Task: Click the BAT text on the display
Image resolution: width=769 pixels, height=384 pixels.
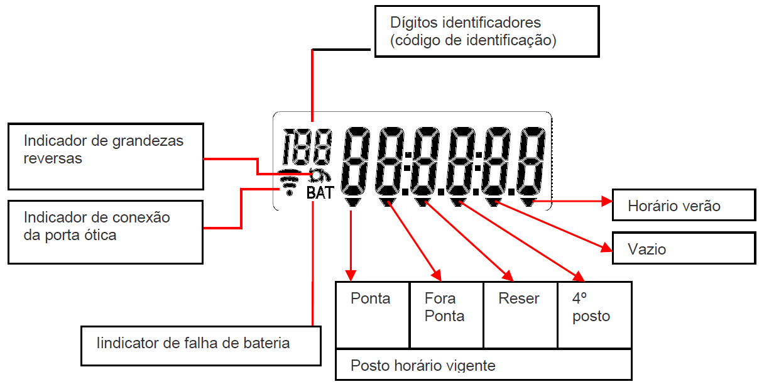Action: [x=320, y=193]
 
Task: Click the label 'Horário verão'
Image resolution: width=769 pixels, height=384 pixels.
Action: [x=684, y=205]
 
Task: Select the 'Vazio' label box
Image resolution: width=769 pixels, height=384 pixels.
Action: [x=684, y=248]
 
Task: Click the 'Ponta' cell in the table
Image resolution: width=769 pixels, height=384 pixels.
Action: [x=373, y=315]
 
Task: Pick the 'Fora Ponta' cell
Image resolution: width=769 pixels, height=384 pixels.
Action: [x=447, y=315]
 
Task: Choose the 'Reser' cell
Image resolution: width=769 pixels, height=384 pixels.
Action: [x=520, y=315]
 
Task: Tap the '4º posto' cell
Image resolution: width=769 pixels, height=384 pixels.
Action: [x=595, y=315]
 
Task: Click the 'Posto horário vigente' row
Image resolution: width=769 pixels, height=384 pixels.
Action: [x=484, y=365]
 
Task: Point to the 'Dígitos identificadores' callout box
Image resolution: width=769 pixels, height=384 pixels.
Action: [x=487, y=31]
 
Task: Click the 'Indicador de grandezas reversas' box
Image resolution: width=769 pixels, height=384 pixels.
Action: [x=106, y=156]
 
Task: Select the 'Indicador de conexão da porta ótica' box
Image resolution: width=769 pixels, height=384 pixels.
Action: [x=106, y=232]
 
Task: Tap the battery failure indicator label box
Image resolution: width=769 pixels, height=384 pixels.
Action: [x=201, y=346]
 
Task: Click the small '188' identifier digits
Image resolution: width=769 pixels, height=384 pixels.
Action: [x=307, y=146]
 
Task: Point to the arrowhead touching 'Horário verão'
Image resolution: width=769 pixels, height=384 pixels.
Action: [x=607, y=201]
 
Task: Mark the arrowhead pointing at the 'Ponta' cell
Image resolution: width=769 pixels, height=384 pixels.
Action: [x=351, y=275]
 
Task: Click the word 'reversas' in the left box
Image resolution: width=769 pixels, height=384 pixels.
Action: [x=53, y=158]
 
